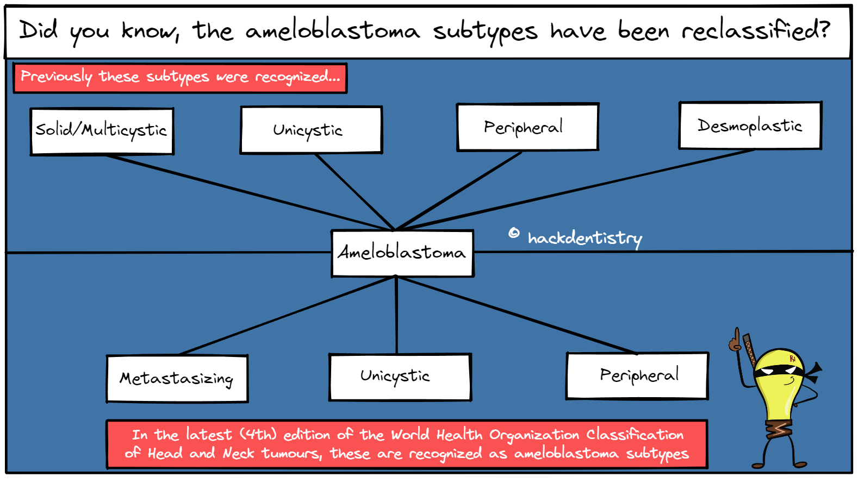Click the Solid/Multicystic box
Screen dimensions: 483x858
102,131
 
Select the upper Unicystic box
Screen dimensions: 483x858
311,130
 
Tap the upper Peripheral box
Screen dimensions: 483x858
527,127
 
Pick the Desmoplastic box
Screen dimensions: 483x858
750,126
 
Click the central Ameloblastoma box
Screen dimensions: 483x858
402,253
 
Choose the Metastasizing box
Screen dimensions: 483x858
177,379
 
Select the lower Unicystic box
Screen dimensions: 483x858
400,377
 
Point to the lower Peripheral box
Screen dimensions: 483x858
637,376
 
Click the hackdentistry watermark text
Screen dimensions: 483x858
585,238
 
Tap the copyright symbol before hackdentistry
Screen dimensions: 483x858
514,234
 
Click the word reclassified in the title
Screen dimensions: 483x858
756,31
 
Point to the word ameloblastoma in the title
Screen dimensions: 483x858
333,31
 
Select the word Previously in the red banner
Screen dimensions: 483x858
57,77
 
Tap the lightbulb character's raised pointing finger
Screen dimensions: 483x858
737,334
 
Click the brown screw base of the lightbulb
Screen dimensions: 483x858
780,430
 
